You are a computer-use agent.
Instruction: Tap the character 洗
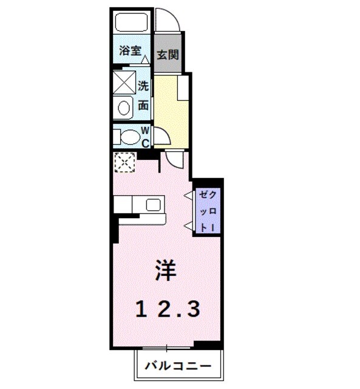coord(144,86)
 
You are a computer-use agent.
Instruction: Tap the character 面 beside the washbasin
coord(144,105)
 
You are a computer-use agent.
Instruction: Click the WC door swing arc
coord(160,136)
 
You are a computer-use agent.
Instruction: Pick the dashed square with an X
coord(124,162)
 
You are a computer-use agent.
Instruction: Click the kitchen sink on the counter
coord(152,205)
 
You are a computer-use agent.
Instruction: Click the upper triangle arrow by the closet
coord(188,195)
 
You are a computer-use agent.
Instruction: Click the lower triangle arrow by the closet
coord(188,227)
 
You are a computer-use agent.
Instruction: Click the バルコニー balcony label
coord(178,367)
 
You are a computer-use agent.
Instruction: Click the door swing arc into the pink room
coord(175,160)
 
